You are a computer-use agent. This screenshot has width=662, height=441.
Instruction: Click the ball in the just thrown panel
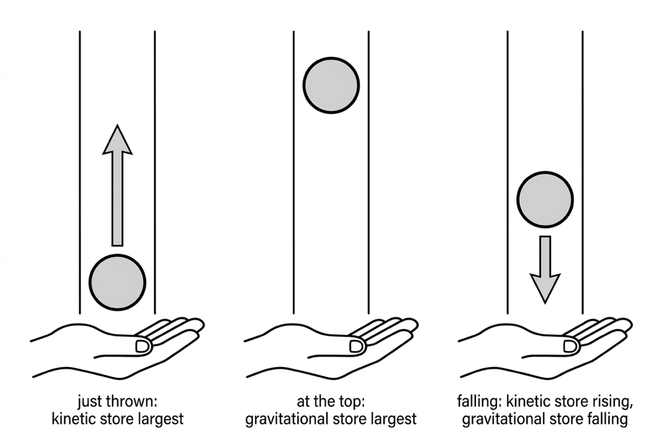tap(117, 282)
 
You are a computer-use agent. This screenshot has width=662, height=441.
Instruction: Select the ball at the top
tap(331, 85)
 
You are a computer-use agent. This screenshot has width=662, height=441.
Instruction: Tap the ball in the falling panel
tap(545, 200)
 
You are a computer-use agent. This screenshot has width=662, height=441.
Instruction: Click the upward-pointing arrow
tap(117, 185)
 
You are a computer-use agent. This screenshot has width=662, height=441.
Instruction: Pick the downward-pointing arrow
tap(545, 269)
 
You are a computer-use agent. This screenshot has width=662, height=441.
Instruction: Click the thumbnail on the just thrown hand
tap(143, 346)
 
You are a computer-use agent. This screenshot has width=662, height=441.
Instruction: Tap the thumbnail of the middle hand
tap(356, 346)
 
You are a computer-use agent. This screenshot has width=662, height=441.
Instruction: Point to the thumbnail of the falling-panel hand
tap(571, 346)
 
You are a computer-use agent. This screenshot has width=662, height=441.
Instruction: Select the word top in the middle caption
tap(352, 402)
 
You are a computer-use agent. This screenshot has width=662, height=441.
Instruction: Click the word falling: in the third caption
tap(479, 401)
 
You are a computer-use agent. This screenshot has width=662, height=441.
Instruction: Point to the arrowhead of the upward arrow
tap(117, 139)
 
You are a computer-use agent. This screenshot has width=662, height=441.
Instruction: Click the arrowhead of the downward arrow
tap(545, 289)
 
